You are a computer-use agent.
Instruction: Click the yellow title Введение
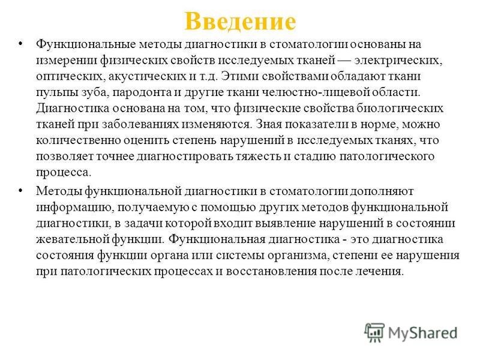[x=241, y=21]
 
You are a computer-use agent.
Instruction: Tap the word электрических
[x=398, y=60]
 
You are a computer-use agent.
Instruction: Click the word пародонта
[x=142, y=92]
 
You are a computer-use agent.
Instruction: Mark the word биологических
[x=400, y=108]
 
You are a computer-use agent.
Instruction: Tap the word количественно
[x=79, y=140]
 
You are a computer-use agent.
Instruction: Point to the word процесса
[x=64, y=172]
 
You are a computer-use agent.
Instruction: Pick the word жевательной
[x=72, y=239]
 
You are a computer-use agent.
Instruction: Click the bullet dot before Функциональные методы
[x=21, y=44]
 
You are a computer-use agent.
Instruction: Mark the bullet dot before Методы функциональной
[x=21, y=191]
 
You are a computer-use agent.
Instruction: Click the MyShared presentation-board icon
[x=374, y=333]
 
